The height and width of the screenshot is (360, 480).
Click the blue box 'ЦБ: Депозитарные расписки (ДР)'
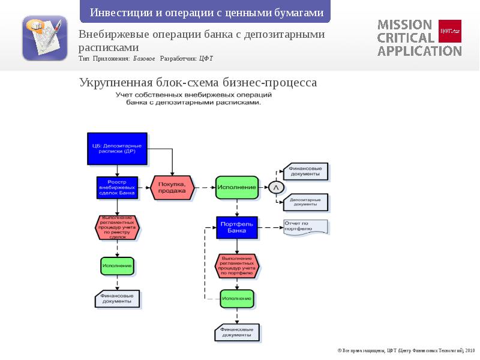pyautogui.click(x=117, y=148)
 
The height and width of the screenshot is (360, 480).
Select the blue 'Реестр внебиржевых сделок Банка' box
pyautogui.click(x=117, y=188)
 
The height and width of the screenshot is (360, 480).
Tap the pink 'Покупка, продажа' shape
pyautogui.click(x=172, y=188)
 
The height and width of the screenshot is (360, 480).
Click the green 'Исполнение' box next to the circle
pyautogui.click(x=237, y=188)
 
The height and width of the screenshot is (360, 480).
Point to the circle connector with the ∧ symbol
pyautogui.click(x=276, y=188)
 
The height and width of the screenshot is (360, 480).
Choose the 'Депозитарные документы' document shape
pyautogui.click(x=306, y=203)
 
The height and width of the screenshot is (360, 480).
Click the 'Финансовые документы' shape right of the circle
pyautogui.click(x=306, y=172)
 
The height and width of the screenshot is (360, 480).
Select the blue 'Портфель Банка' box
pyautogui.click(x=237, y=227)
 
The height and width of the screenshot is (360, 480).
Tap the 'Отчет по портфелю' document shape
pyautogui.click(x=305, y=227)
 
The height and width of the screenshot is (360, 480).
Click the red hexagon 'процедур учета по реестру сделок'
pyautogui.click(x=117, y=228)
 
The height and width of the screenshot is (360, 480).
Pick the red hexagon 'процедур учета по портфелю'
pyautogui.click(x=237, y=265)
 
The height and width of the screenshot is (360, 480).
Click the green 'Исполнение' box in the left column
pyautogui.click(x=117, y=266)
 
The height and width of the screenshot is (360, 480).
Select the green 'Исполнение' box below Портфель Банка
pyautogui.click(x=237, y=298)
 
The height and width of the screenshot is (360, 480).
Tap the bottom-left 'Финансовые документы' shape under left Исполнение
pyautogui.click(x=117, y=298)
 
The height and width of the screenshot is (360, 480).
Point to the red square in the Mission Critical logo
pyautogui.click(x=450, y=31)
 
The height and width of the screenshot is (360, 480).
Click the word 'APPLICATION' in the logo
pyautogui.click(x=419, y=51)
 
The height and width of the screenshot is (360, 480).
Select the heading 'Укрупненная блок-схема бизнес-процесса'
pyautogui.click(x=198, y=82)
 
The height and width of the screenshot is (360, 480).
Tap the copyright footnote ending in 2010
pyautogui.click(x=406, y=350)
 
